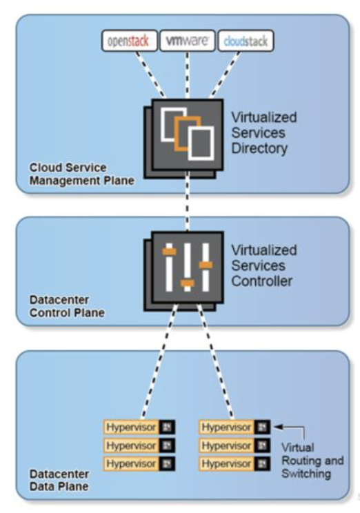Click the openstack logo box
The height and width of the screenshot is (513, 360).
point(129,41)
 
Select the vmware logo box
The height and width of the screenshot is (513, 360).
point(187,41)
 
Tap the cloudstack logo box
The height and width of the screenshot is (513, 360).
point(246,41)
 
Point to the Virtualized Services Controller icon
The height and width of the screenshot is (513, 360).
point(183,271)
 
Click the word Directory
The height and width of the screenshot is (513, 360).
point(259,148)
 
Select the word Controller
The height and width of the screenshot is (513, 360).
point(262,281)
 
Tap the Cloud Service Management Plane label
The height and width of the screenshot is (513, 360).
point(82,174)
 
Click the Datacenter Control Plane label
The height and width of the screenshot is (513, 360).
point(67,306)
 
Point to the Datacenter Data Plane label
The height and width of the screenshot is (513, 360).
point(59,480)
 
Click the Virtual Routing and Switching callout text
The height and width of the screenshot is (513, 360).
point(312,461)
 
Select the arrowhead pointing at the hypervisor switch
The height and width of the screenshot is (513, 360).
point(278,427)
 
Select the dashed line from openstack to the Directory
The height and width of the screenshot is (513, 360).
point(151,75)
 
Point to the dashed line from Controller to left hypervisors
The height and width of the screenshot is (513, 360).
point(159,361)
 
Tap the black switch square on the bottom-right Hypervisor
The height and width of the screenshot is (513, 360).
point(263,463)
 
